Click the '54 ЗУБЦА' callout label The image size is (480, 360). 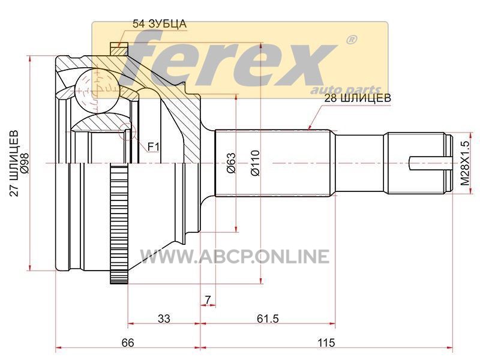click(160, 24)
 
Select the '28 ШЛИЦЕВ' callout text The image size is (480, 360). click(358, 98)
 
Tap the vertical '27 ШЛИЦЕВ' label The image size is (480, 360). click(14, 163)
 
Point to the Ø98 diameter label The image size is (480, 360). click(25, 163)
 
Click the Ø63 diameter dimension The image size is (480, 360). click(232, 163)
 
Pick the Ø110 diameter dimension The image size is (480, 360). click(255, 163)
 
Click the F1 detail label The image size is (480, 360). click(154, 147)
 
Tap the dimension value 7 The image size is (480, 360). click(208, 299)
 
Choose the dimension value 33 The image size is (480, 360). click(164, 319)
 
